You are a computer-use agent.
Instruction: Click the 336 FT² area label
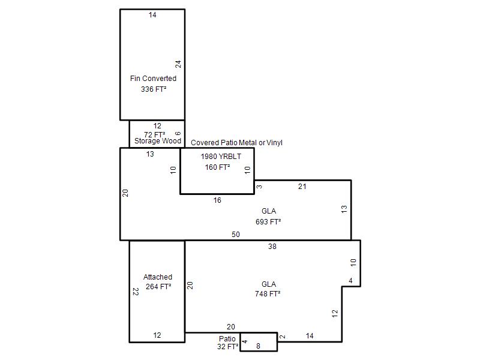(154, 89)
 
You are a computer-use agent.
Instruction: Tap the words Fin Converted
(153, 79)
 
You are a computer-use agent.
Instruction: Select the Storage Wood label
(158, 141)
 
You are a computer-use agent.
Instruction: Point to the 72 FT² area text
(155, 134)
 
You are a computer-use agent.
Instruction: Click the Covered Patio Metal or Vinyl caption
(236, 143)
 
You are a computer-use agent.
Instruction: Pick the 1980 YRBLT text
(221, 157)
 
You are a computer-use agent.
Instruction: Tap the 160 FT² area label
(217, 167)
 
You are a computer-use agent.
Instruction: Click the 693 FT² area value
(268, 221)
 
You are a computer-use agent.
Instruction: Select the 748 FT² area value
(268, 294)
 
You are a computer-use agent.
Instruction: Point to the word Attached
(158, 277)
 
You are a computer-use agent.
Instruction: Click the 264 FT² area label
(158, 287)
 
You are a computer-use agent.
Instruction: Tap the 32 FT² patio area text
(228, 347)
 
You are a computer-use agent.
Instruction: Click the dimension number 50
(235, 235)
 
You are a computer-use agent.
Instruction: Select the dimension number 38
(272, 247)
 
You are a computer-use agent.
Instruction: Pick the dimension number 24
(178, 64)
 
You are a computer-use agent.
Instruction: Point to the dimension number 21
(302, 187)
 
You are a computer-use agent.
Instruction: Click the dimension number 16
(217, 200)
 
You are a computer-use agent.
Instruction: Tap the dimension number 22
(136, 292)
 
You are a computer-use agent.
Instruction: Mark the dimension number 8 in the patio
(258, 346)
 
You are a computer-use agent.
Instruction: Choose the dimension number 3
(259, 187)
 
